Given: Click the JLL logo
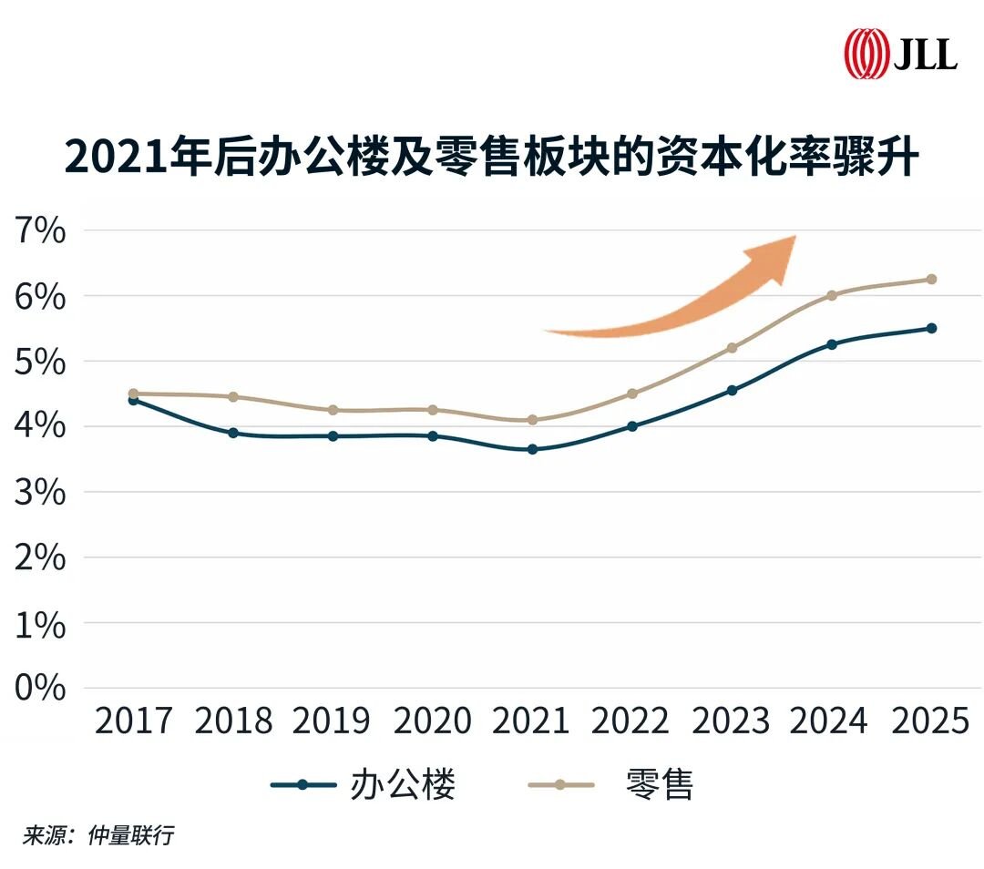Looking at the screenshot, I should [x=900, y=53].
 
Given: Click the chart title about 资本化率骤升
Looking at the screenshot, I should [x=492, y=157].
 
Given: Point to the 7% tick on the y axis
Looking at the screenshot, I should [x=40, y=230].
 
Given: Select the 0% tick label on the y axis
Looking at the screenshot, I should [x=40, y=688].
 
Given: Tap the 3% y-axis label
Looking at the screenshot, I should [x=40, y=492].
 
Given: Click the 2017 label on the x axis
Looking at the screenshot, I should [x=133, y=721].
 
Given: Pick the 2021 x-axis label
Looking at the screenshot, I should [x=531, y=721].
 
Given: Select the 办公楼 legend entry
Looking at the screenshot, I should [x=364, y=784].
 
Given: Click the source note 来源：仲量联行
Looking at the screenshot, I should [x=98, y=836].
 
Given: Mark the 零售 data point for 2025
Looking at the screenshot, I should [x=931, y=280].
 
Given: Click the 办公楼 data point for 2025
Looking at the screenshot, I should [x=931, y=328].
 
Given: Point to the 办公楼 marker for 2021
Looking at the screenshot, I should [x=532, y=449].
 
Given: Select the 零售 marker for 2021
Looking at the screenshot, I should [x=532, y=420].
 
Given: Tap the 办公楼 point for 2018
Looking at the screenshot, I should [x=233, y=433].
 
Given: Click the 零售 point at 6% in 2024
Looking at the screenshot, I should [x=832, y=295].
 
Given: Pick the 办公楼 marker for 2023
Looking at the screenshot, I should [x=732, y=390].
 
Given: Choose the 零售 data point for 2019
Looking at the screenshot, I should [x=333, y=410].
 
